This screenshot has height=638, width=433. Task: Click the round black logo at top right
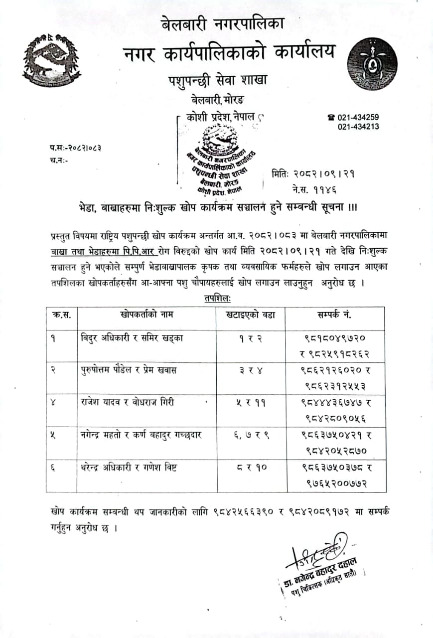pyautogui.click(x=372, y=63)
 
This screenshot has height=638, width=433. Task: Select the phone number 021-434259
pyautogui.click(x=358, y=118)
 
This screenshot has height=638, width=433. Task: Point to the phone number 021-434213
pyautogui.click(x=358, y=127)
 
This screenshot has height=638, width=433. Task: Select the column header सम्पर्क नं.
pyautogui.click(x=334, y=315)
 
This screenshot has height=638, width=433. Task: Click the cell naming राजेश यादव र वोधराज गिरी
pyautogui.click(x=128, y=402)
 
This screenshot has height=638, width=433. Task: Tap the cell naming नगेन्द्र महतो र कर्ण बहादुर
pyautogui.click(x=141, y=435)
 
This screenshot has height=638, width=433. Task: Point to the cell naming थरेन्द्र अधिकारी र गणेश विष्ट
pyautogui.click(x=130, y=467)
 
